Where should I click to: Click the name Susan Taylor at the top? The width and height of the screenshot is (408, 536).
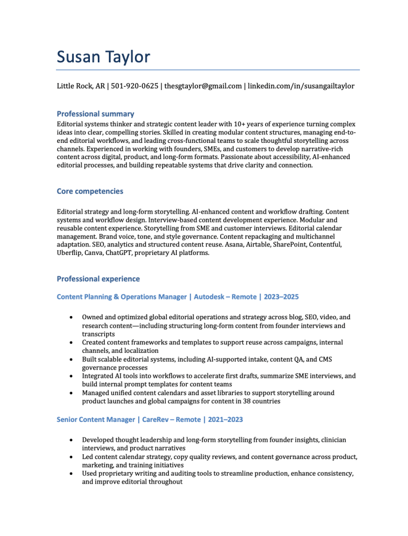[x=103, y=56]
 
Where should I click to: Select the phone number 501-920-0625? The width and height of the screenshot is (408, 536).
[x=134, y=86]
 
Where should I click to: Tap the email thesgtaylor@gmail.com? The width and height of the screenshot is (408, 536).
[x=203, y=86]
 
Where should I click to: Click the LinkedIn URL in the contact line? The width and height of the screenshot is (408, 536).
[x=301, y=86]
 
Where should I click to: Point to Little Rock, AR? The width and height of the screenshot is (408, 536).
[x=81, y=86]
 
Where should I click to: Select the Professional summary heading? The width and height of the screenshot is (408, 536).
[x=95, y=114]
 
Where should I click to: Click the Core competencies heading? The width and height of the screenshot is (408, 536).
[x=90, y=191]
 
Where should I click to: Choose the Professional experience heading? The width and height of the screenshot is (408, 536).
[x=98, y=278]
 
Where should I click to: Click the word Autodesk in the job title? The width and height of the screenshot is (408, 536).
[x=209, y=297]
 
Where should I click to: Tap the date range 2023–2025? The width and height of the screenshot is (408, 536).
[x=281, y=297]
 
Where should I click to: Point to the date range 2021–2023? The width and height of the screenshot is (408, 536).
[x=225, y=420]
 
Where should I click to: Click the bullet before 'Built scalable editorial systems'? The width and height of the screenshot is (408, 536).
[x=71, y=360]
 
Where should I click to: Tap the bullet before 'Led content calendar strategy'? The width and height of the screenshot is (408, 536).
[x=71, y=457]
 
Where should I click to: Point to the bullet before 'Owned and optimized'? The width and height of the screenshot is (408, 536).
[x=71, y=317]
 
